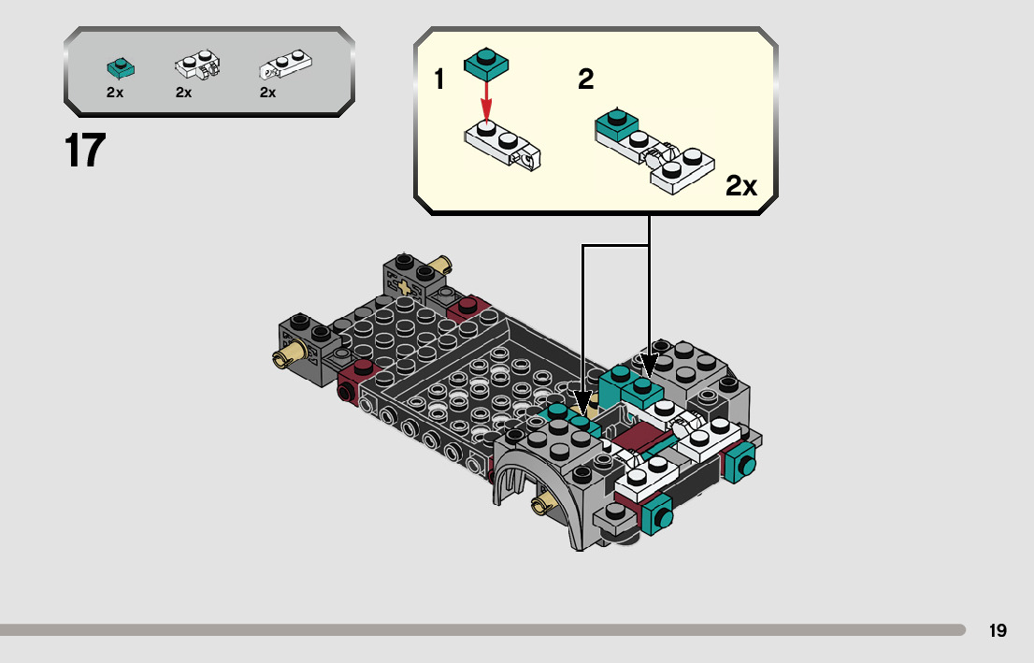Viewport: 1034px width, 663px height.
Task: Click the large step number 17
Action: (84, 151)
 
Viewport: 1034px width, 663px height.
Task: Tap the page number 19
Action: (998, 630)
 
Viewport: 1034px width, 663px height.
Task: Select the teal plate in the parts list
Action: (120, 67)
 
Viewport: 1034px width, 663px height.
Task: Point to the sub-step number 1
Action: (439, 80)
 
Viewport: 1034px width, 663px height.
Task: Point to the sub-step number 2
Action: (586, 80)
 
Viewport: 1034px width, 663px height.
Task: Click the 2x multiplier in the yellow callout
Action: (741, 186)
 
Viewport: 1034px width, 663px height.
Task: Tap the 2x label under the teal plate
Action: (115, 93)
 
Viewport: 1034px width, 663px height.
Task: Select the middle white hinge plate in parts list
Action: (196, 66)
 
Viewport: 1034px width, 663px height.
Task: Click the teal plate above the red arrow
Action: (486, 63)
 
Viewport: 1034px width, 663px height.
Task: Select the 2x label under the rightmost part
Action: (267, 93)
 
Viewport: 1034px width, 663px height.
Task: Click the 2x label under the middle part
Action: (183, 93)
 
